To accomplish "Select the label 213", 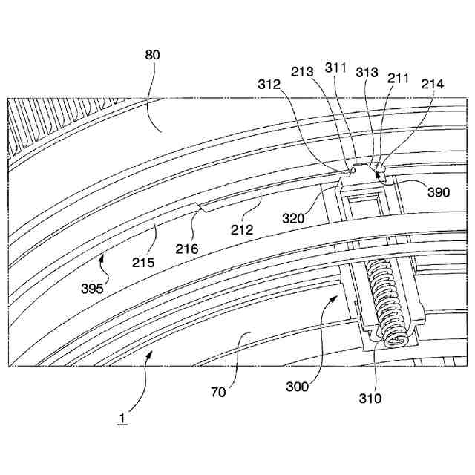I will [x=303, y=72].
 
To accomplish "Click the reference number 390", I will [x=439, y=191].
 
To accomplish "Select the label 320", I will [x=296, y=218].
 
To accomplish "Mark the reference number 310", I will [x=370, y=398].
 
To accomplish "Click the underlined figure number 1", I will [x=122, y=418].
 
